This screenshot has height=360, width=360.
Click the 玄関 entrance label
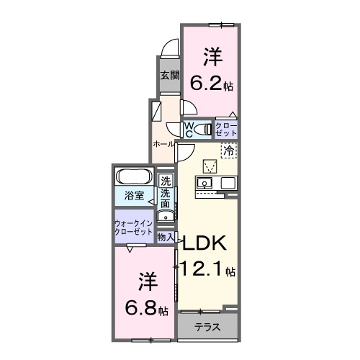coord(168,75)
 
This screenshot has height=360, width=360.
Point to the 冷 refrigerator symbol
coord(228,151)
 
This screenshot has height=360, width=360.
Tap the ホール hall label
coord(162,144)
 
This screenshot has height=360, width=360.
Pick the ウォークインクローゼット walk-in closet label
coord(133,228)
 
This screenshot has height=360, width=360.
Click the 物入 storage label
coord(166,236)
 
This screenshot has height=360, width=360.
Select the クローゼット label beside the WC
coord(226,129)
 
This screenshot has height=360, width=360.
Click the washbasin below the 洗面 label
coord(165,214)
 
